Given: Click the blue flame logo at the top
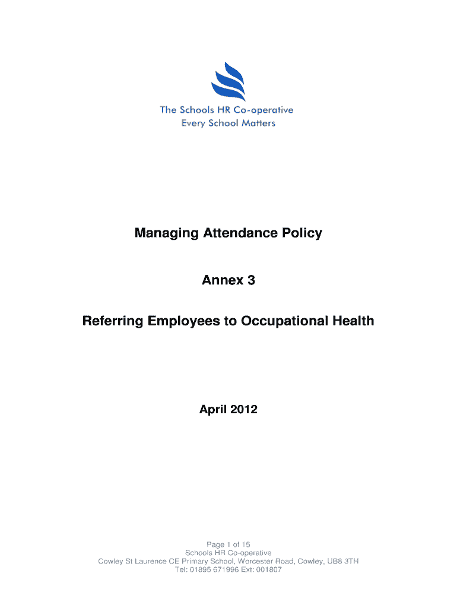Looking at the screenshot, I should [228, 83].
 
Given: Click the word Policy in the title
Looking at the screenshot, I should [303, 233].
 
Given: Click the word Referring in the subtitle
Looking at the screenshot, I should [113, 321].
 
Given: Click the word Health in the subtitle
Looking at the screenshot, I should [353, 321].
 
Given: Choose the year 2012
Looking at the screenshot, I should [244, 409].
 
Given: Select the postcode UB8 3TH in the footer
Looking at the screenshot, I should [344, 561].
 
